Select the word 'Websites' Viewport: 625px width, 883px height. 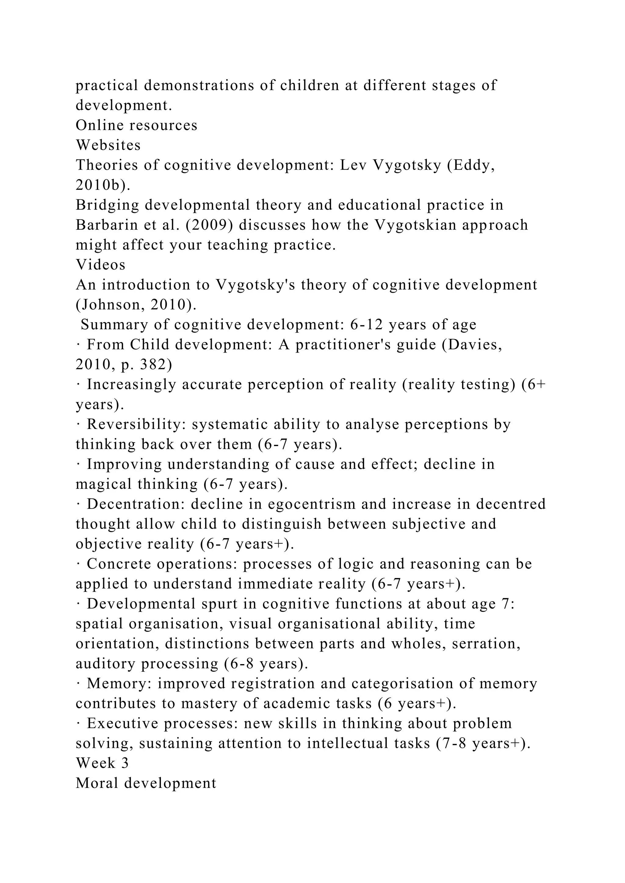pyautogui.click(x=108, y=145)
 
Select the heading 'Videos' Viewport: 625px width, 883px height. pyautogui.click(x=100, y=265)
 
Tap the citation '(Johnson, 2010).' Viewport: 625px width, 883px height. pyautogui.click(x=136, y=305)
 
